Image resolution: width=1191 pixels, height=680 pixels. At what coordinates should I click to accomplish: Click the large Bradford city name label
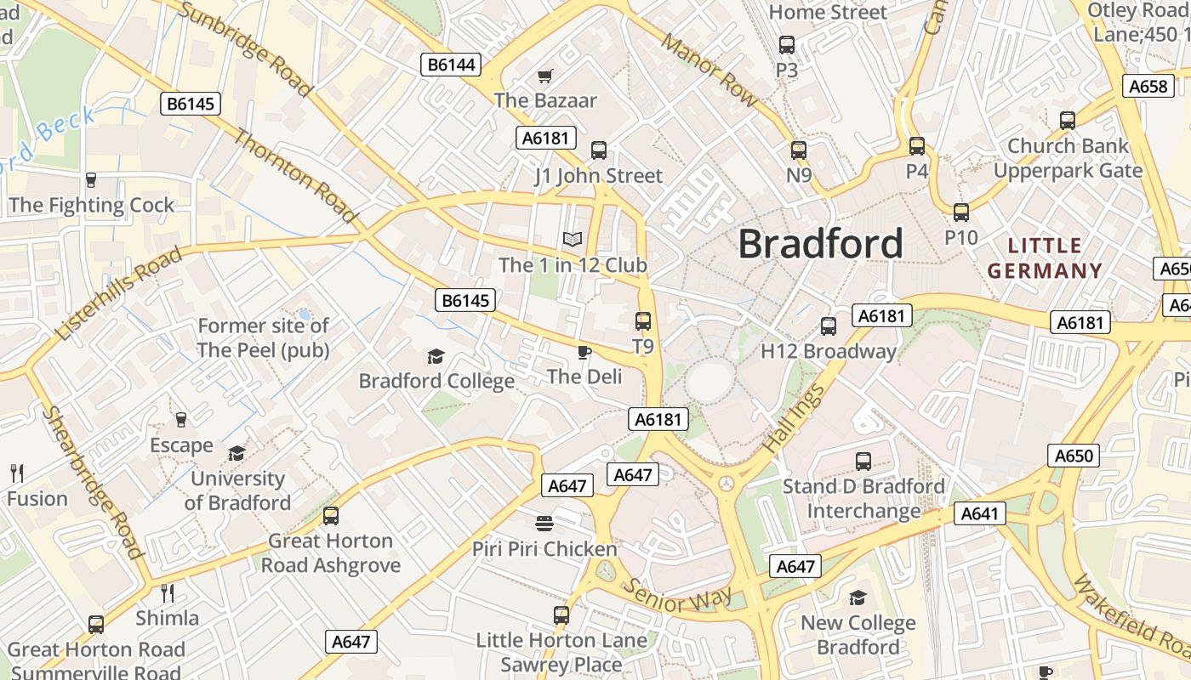[x=820, y=244]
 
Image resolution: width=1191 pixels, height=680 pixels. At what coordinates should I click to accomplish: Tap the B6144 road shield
[x=452, y=65]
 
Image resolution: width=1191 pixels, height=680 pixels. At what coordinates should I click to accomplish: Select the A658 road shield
[x=1148, y=86]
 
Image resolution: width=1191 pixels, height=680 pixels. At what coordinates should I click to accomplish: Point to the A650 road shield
[x=1073, y=456]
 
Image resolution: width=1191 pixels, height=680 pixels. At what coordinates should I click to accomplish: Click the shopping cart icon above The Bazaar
[x=545, y=76]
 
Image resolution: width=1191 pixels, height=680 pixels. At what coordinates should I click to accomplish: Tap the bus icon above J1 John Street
[x=599, y=150]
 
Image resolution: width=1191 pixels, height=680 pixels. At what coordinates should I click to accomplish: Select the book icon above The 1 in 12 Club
[x=573, y=240]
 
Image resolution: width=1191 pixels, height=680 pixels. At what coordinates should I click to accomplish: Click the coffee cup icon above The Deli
[x=584, y=352]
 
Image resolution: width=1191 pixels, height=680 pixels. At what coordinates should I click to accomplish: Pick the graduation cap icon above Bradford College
[x=436, y=356]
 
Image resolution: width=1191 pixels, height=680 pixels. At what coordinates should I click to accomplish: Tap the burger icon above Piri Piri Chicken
[x=544, y=522]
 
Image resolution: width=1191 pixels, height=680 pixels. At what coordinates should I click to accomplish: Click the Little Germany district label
[x=1046, y=258]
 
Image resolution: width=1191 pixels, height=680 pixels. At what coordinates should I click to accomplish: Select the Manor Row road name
[x=709, y=70]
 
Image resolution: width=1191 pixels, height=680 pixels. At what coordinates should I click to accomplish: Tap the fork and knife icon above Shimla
[x=168, y=592]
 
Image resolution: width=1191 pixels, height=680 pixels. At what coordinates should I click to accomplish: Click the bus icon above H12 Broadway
[x=829, y=326]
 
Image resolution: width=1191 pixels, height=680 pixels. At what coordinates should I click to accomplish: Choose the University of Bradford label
[x=237, y=490]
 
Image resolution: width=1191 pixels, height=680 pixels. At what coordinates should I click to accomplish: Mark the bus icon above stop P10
[x=961, y=212]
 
